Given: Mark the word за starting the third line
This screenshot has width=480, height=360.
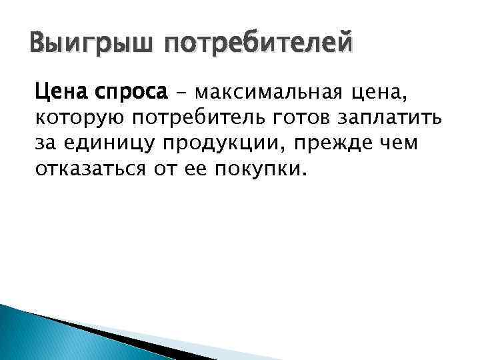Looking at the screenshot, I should pos(45,144).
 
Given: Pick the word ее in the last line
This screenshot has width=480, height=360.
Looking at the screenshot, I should pos(195,170).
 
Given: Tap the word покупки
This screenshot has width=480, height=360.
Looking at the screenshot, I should pos(261,170).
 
